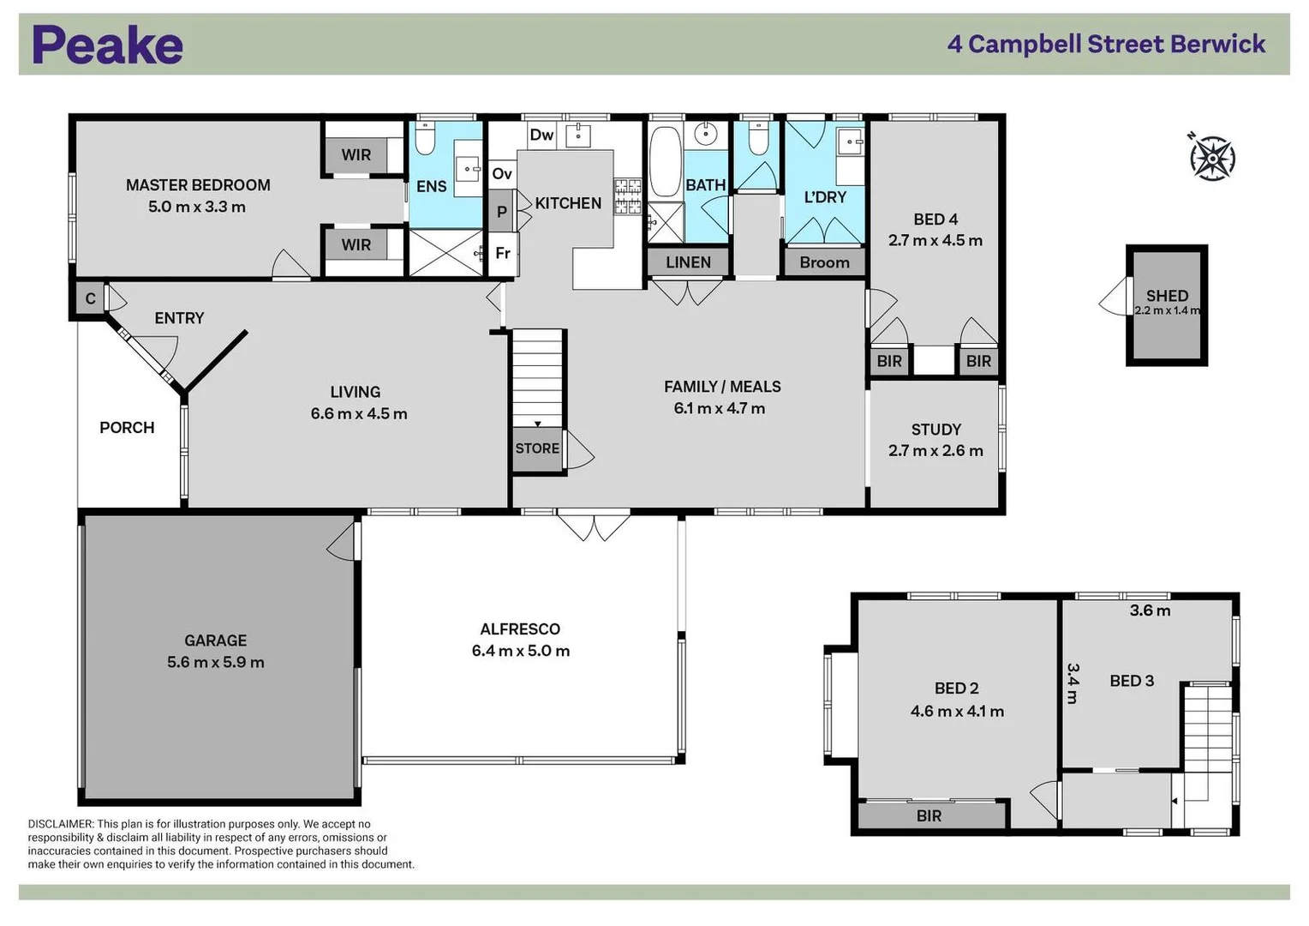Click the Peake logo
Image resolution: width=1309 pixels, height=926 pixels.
pyautogui.click(x=107, y=45)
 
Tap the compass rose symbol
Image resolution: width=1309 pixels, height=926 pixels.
pyautogui.click(x=1211, y=158)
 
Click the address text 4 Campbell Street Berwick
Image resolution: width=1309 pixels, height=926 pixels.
pyautogui.click(x=1106, y=44)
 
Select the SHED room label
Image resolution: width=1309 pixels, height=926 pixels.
pyautogui.click(x=1167, y=296)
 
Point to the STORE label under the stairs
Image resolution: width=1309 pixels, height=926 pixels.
pyautogui.click(x=537, y=448)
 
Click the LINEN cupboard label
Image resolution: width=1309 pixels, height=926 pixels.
pyautogui.click(x=688, y=262)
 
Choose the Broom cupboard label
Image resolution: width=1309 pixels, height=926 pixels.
pyautogui.click(x=824, y=262)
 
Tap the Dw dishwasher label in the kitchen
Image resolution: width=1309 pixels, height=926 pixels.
pyautogui.click(x=541, y=135)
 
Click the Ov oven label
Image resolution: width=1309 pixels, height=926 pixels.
pyautogui.click(x=502, y=174)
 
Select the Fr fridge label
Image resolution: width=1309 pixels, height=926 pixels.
pyautogui.click(x=503, y=253)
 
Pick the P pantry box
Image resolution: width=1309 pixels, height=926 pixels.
pyautogui.click(x=502, y=212)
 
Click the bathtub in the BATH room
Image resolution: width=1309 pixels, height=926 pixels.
pyautogui.click(x=665, y=161)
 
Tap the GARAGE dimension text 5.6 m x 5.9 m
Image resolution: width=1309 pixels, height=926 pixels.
pyautogui.click(x=216, y=662)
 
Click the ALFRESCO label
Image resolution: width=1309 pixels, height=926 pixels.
pyautogui.click(x=520, y=629)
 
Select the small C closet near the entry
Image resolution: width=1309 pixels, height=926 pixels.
pyautogui.click(x=90, y=299)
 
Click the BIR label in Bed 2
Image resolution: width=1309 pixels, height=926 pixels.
pyautogui.click(x=929, y=816)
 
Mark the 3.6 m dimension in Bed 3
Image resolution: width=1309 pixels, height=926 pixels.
pyautogui.click(x=1150, y=610)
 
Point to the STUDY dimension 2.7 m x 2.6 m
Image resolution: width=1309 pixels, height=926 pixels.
pyautogui.click(x=935, y=451)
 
